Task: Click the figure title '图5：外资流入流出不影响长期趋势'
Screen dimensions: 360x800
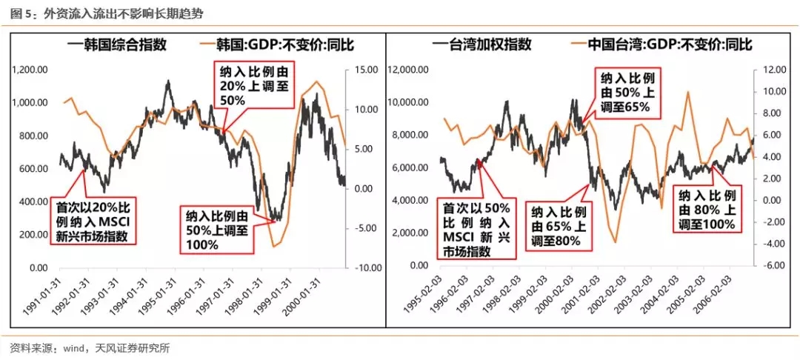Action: pos(107,13)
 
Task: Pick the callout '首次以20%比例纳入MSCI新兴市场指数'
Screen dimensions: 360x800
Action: pos(92,221)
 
